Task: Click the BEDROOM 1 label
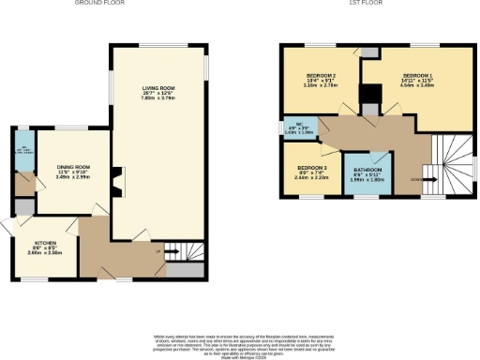418,74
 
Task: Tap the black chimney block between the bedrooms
373,95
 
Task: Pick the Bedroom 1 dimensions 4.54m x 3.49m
418,85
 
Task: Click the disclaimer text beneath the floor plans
240,342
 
